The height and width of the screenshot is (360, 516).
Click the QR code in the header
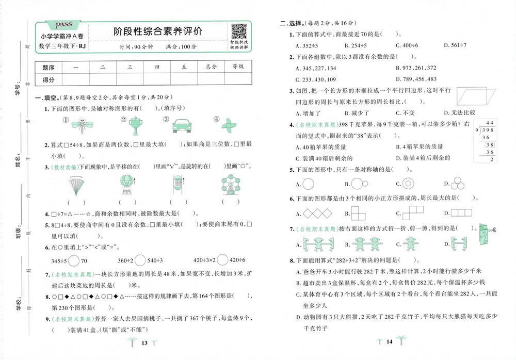[238, 31]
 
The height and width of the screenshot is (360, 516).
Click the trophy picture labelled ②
[136, 124]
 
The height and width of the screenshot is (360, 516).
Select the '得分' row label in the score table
[49, 79]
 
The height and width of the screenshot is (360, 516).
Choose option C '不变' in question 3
[404, 112]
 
